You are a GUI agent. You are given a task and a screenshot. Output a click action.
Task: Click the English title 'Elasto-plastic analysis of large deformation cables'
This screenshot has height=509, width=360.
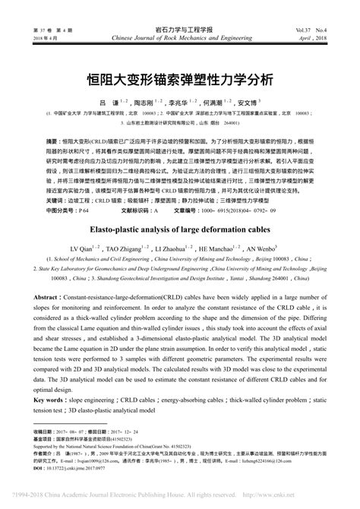click(x=180, y=228)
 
